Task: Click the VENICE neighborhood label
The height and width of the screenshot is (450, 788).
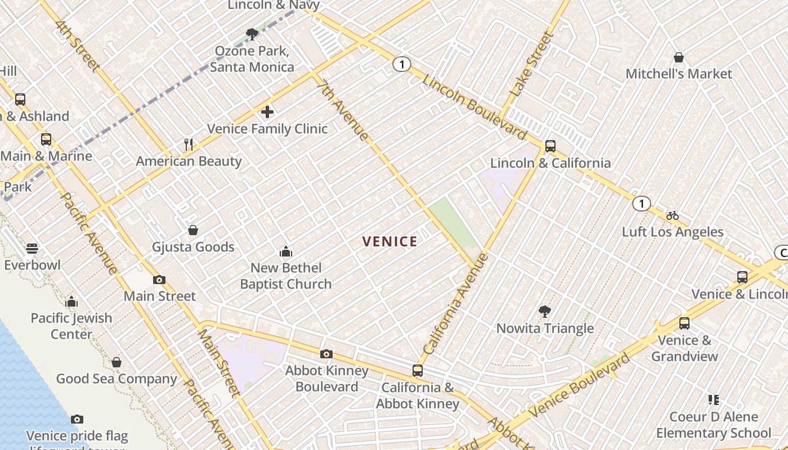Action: (389, 242)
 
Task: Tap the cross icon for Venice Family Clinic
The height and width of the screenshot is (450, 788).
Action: (267, 112)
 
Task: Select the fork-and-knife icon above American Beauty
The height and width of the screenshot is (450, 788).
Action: (189, 145)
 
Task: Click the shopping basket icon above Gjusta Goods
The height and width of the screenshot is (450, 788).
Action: (193, 230)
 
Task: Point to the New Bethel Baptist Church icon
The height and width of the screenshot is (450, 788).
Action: (286, 251)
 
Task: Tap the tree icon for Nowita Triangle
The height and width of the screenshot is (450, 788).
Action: (544, 311)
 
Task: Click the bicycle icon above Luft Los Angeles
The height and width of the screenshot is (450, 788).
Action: (673, 215)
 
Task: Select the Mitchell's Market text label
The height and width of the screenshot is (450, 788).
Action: (679, 74)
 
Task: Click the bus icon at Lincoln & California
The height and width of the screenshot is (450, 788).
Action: (550, 146)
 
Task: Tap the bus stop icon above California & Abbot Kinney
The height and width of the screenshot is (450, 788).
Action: (417, 371)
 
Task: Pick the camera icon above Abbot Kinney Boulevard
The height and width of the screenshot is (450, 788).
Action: (326, 354)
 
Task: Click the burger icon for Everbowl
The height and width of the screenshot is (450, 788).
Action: (32, 248)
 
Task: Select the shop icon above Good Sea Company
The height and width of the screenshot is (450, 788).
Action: (117, 362)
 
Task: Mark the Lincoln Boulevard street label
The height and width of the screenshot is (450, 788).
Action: (474, 107)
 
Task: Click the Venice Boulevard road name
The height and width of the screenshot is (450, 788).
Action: (580, 386)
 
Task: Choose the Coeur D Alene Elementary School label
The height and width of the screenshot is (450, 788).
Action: (713, 425)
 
